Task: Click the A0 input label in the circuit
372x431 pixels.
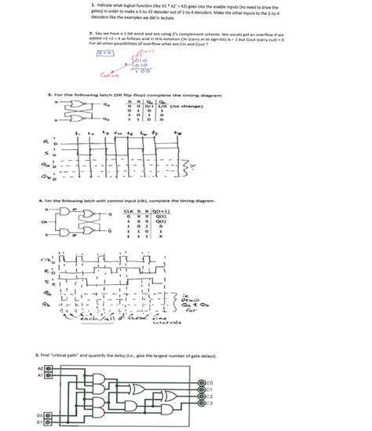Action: [40, 367]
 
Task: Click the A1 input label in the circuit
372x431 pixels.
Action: [40, 374]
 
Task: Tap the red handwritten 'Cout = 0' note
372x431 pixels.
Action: [108, 76]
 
